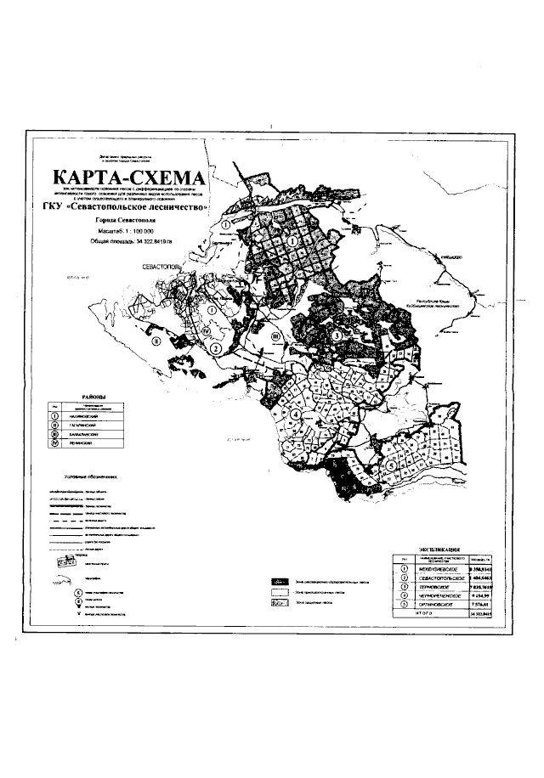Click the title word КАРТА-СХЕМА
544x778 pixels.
click(x=130, y=179)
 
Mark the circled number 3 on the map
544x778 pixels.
click(x=337, y=335)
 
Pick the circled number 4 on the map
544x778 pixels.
click(x=295, y=414)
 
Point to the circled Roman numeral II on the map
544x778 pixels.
click(x=157, y=342)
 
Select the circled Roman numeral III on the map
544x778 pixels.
click(x=275, y=336)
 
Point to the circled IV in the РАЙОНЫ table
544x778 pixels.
click(x=54, y=443)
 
